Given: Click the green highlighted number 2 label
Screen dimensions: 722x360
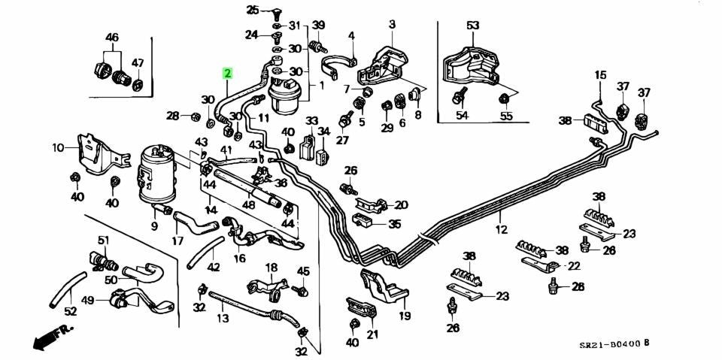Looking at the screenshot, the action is (x=228, y=73).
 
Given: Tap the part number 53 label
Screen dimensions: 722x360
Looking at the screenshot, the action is (x=473, y=26).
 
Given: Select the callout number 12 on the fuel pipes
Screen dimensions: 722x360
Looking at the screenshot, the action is (x=502, y=228).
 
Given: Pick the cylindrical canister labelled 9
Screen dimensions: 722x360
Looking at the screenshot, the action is (x=156, y=174).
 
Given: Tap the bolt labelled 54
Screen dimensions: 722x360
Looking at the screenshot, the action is (x=459, y=95).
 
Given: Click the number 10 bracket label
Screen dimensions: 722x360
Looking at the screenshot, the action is (x=59, y=148).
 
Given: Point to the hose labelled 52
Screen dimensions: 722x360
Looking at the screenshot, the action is (x=68, y=290).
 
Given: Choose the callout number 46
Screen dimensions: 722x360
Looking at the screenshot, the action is (x=112, y=38).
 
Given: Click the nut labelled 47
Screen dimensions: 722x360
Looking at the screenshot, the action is (x=137, y=86).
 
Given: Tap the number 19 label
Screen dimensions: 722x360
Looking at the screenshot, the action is (x=405, y=316).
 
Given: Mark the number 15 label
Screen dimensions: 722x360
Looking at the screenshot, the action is (x=600, y=74).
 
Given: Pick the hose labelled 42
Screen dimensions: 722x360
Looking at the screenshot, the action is (x=205, y=253).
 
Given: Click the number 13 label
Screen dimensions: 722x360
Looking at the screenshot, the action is (x=223, y=318).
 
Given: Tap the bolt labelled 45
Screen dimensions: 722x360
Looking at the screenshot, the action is (x=301, y=290).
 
